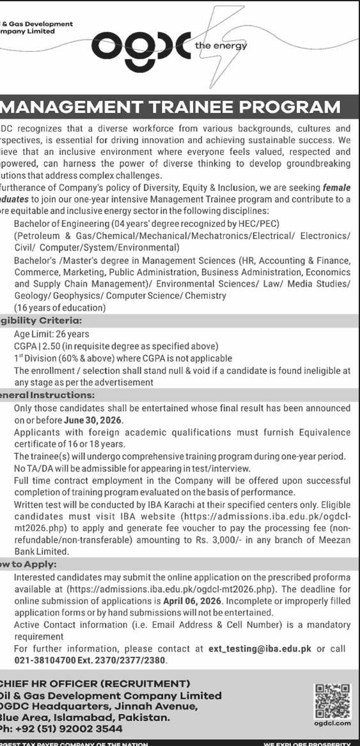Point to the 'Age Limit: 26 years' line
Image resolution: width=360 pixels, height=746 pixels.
point(52,334)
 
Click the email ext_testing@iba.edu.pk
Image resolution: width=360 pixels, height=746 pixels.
point(260,648)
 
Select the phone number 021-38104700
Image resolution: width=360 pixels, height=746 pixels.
point(40,660)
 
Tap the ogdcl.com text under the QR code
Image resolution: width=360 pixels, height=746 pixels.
point(333,723)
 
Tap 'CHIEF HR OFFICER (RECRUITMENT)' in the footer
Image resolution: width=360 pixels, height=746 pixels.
point(96,683)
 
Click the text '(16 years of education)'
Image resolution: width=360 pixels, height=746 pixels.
point(60,307)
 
